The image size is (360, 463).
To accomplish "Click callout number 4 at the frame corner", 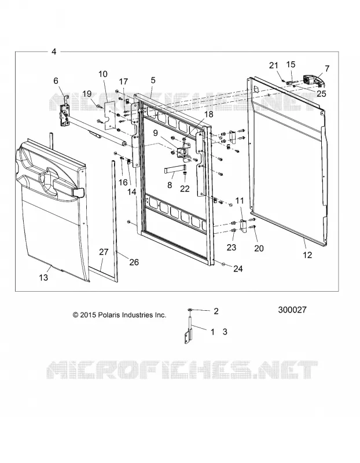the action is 54,52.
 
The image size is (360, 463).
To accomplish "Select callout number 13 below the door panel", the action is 43,278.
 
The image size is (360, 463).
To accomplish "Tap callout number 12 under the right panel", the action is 307,255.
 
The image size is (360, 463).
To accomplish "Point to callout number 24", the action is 238,269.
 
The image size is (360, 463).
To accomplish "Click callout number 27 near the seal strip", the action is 104,252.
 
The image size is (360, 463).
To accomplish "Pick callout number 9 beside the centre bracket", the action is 156,133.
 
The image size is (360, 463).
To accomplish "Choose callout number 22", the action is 185,188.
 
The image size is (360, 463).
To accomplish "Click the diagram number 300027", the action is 292,310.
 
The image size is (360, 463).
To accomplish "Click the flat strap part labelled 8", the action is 172,171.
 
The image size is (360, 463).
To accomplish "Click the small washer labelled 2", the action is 190,310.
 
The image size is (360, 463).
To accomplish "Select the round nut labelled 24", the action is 224,264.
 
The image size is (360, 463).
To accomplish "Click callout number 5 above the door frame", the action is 153,80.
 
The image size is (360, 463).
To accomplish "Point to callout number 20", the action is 259,248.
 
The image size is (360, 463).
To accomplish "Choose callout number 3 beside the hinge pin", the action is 225,332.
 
